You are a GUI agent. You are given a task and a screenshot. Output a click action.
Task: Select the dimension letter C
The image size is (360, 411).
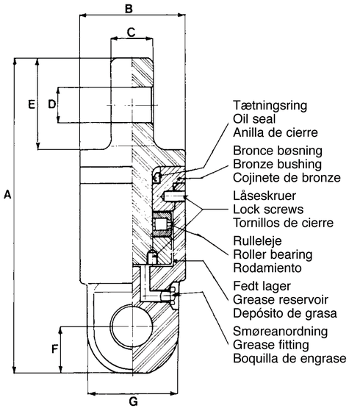click(x=131, y=32)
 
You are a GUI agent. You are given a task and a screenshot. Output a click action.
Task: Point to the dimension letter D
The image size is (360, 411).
click(x=51, y=104)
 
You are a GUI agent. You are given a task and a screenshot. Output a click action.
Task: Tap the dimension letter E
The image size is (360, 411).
click(x=31, y=104)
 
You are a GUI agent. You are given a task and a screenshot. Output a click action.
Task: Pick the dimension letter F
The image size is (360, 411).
click(x=54, y=349)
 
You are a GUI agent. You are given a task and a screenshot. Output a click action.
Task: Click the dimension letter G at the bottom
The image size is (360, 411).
click(x=133, y=401)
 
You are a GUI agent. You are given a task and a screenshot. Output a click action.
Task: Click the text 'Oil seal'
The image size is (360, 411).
click(x=252, y=119)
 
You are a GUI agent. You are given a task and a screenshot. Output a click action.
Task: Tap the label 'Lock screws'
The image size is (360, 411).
click(x=266, y=209)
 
